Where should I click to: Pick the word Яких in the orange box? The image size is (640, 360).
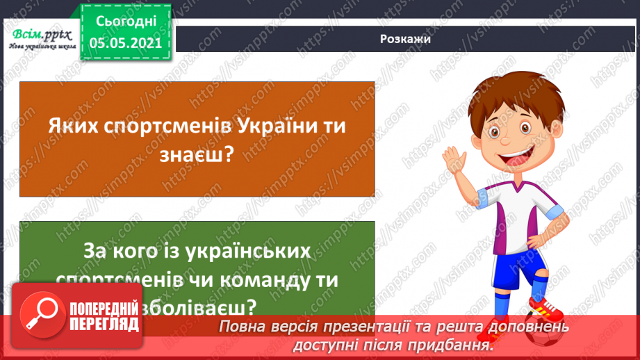72,126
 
